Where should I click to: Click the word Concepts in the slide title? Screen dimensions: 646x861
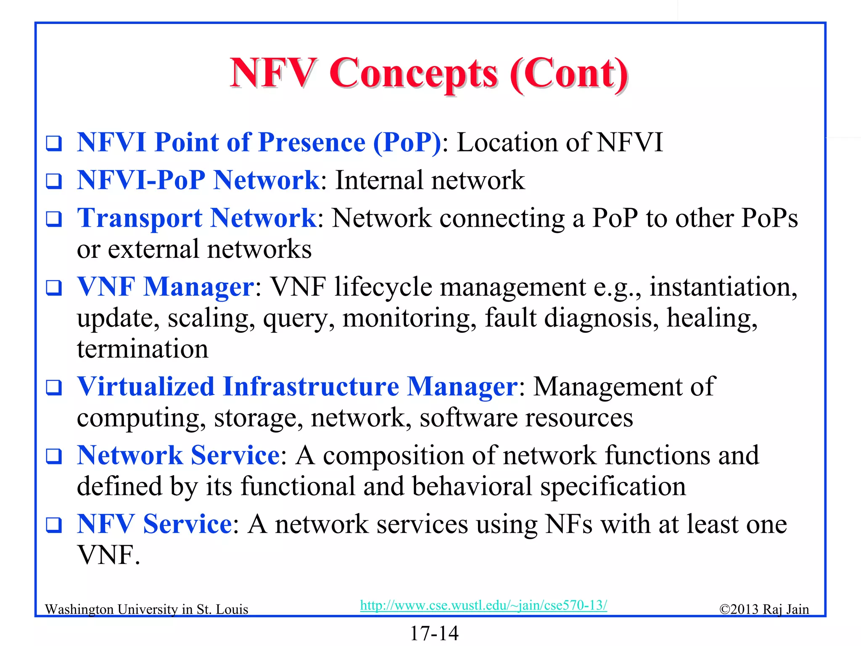(414, 74)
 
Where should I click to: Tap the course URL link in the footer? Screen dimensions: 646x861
(483, 605)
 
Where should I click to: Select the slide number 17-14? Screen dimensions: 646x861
(434, 633)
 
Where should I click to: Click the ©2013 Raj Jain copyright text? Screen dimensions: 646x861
(764, 609)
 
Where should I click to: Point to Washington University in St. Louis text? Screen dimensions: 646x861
(146, 609)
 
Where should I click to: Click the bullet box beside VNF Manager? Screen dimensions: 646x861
(54, 288)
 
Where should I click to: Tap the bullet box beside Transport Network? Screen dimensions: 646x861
(54, 219)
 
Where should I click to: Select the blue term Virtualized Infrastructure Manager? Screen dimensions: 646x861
(297, 387)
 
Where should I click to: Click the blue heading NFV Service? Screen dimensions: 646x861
(154, 524)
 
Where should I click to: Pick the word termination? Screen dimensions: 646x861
(143, 349)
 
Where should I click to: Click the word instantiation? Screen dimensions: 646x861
(723, 287)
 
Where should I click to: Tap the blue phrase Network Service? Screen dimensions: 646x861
(179, 455)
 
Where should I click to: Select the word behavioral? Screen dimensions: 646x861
(472, 487)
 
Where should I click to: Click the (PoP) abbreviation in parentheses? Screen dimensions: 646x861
(407, 143)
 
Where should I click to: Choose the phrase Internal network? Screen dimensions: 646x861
(430, 180)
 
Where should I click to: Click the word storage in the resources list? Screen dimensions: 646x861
(258, 418)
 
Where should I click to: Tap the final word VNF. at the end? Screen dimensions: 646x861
(108, 556)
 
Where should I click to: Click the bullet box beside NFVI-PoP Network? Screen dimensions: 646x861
(54, 181)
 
